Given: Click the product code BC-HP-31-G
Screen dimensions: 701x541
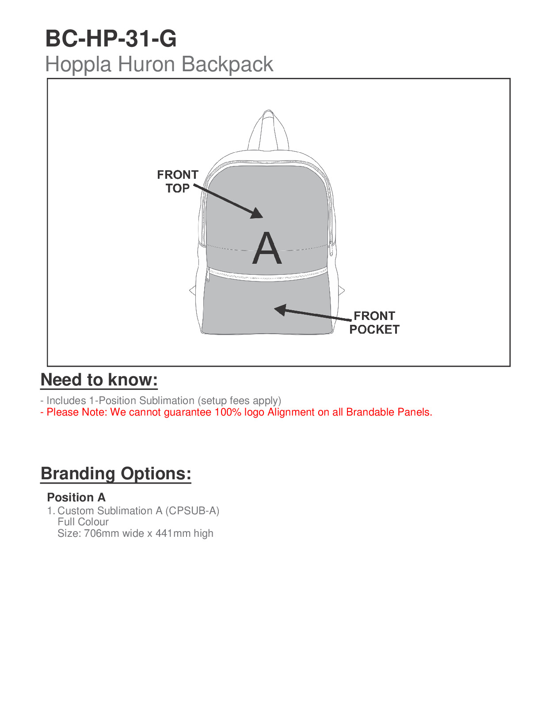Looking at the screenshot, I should (x=111, y=39).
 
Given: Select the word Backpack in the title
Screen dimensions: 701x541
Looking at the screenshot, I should (x=227, y=64).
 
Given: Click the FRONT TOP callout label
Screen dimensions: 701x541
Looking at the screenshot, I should (x=178, y=181).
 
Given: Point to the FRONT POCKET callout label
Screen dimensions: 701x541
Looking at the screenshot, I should (x=374, y=323).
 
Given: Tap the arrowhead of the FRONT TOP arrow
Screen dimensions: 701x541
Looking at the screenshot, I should (x=257, y=214).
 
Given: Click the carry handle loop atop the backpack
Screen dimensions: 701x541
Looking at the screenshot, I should (x=268, y=128).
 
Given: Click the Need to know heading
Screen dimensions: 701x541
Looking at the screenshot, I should (x=99, y=380).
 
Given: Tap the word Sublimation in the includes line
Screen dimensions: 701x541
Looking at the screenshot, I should (x=167, y=401).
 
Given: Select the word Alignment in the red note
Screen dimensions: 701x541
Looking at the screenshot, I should (x=291, y=412).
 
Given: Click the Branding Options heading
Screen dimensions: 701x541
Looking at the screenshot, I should (x=116, y=474).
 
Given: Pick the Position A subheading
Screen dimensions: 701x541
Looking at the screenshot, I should (x=76, y=497).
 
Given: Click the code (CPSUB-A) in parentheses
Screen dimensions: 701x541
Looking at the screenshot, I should (x=192, y=511).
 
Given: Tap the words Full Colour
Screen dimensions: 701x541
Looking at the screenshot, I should (x=83, y=522).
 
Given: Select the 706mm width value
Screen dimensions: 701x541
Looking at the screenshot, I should (x=101, y=533).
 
